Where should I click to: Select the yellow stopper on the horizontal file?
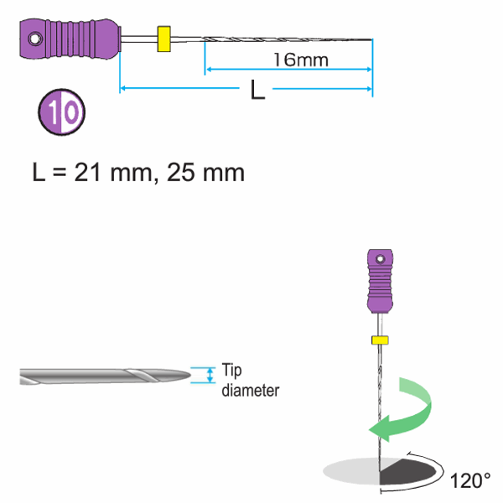coord(163,39)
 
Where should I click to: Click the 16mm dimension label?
coord(300,60)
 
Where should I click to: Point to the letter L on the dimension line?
coord(258,91)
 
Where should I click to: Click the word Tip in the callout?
coord(231,369)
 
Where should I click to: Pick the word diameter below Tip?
coord(251,389)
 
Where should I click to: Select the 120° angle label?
coord(470,481)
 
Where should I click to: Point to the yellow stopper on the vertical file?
coord(380,340)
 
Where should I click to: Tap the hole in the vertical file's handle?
coord(380,257)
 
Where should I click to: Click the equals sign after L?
coord(59,174)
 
